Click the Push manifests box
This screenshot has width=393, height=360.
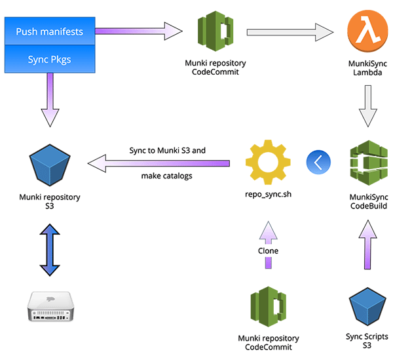[x=49, y=31]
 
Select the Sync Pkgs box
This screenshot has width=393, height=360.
[x=49, y=59]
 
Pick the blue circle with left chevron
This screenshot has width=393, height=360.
[x=318, y=161]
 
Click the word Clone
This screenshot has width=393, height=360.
[x=268, y=250]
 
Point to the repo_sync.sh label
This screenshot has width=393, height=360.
[x=267, y=195]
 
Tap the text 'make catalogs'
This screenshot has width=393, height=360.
[x=167, y=176]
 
